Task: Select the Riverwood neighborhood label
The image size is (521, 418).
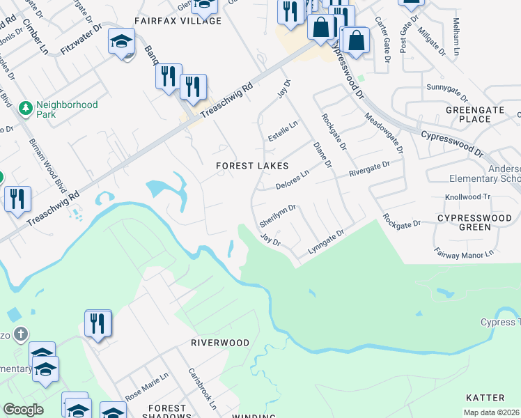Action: (220, 343)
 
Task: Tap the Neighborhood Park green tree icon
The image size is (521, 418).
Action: (26, 109)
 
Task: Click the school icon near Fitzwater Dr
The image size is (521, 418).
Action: (121, 42)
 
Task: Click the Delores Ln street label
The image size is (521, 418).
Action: (292, 180)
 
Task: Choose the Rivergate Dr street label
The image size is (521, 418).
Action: (370, 167)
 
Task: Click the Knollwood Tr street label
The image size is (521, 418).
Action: (467, 197)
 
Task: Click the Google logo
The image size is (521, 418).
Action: (23, 410)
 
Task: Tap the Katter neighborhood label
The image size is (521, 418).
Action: (484, 398)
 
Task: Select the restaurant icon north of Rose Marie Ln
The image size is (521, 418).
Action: (98, 323)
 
